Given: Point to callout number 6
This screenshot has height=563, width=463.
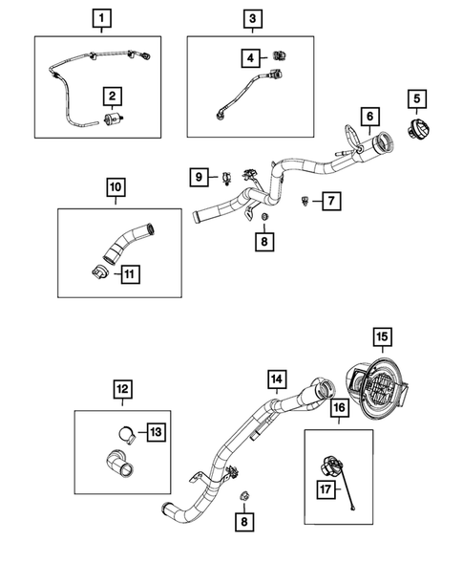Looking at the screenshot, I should [368, 117].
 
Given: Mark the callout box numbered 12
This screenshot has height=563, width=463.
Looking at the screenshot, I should [123, 390].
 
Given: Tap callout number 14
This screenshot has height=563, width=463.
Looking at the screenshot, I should [276, 380].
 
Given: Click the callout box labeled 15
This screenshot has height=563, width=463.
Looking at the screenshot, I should [381, 336].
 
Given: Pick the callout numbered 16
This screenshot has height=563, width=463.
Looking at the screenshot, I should [339, 408].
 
